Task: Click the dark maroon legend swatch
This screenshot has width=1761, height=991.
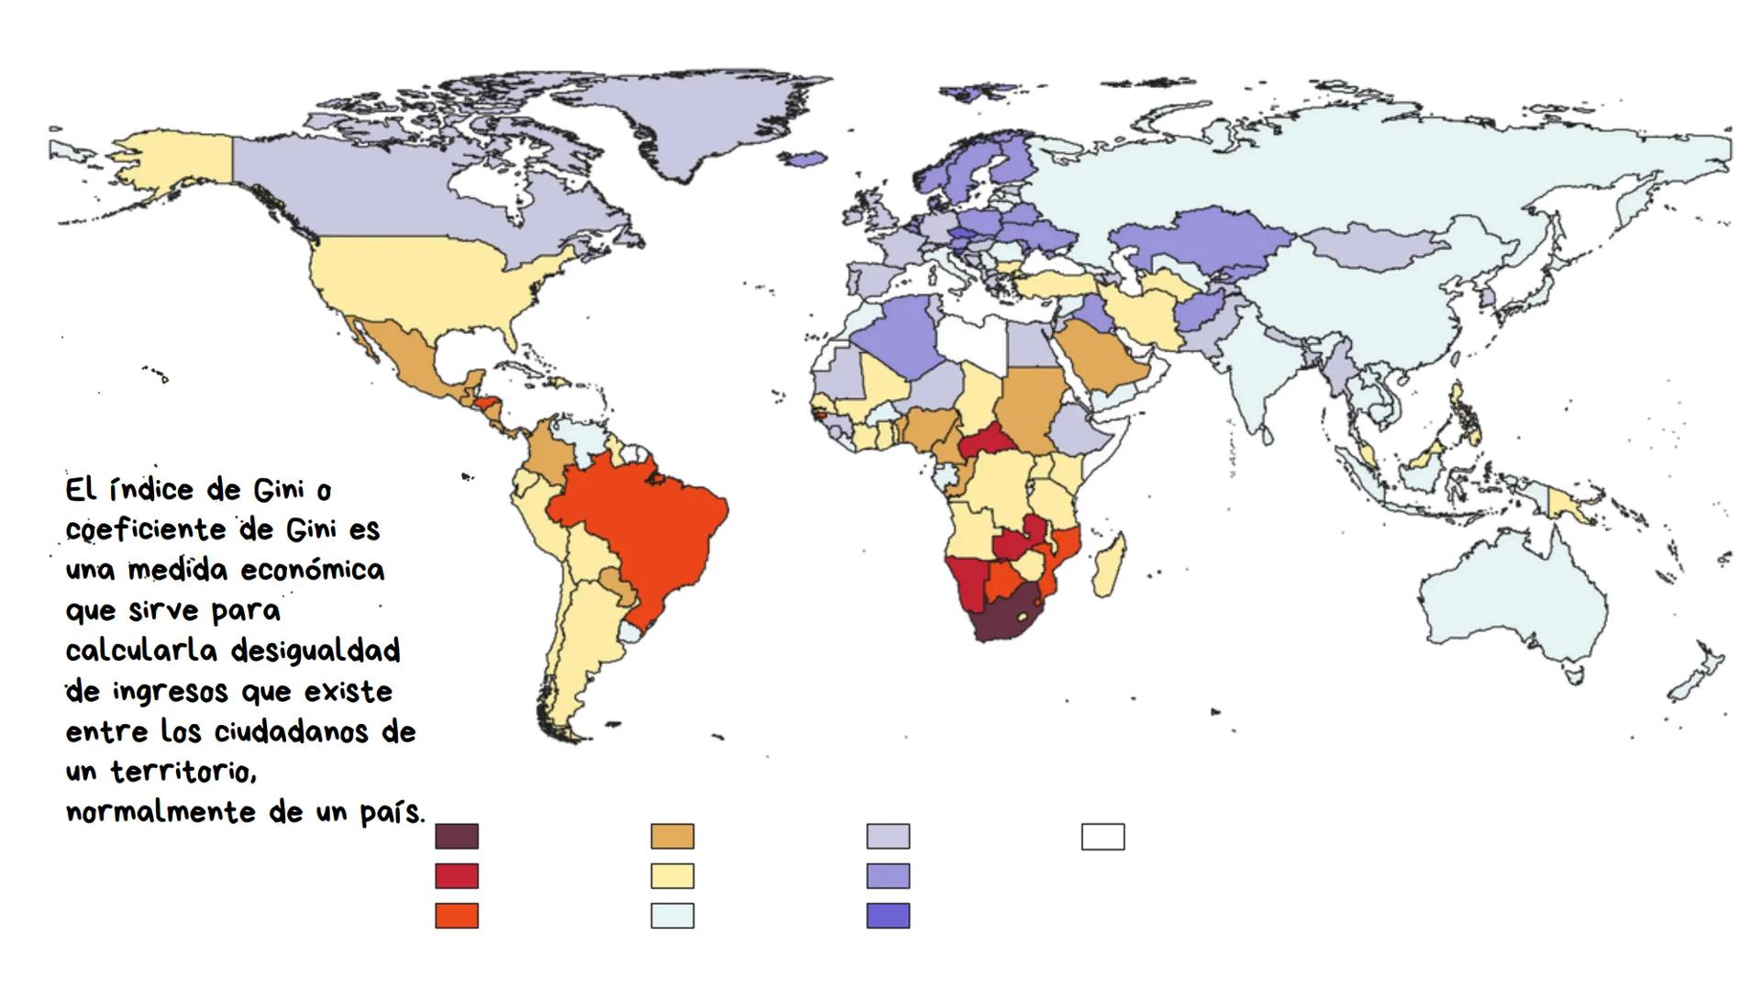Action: (x=457, y=836)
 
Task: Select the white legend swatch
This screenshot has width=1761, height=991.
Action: (x=1102, y=836)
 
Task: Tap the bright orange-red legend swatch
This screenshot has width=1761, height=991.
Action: (x=457, y=916)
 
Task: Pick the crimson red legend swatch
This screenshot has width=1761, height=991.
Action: (x=457, y=876)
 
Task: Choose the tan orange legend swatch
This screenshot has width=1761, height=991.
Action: (x=672, y=836)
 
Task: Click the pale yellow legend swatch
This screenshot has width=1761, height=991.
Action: (x=672, y=876)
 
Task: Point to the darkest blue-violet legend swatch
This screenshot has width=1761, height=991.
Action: (x=888, y=916)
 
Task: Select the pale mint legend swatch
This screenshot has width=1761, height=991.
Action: (x=672, y=916)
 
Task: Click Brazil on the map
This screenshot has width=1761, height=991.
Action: (x=642, y=532)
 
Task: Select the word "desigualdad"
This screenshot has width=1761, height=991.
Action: (x=316, y=651)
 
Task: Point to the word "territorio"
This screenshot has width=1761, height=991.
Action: (x=183, y=772)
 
